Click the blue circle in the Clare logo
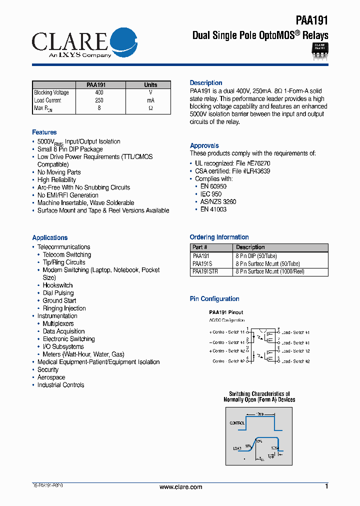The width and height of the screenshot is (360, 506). (122, 42)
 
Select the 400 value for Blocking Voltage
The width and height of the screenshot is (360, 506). (99, 92)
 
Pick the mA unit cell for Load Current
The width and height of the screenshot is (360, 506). (150, 100)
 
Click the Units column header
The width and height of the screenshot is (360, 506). (150, 85)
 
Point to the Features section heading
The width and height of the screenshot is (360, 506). (44, 132)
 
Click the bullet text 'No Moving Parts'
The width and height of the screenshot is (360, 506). (59, 172)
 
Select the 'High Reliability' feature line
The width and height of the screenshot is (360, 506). (56, 180)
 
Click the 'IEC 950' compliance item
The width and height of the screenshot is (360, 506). (210, 194)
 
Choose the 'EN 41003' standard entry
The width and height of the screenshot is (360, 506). (213, 209)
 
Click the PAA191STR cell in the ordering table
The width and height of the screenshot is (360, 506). (205, 271)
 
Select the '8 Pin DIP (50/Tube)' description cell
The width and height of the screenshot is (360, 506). (256, 255)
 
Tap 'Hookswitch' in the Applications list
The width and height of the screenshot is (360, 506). (57, 285)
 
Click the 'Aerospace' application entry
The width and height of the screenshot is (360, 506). (51, 377)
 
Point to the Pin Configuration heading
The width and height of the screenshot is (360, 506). (214, 299)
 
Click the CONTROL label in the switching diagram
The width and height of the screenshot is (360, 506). (237, 423)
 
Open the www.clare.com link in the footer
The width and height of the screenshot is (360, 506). (180, 487)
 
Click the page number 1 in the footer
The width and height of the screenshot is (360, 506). (326, 486)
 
